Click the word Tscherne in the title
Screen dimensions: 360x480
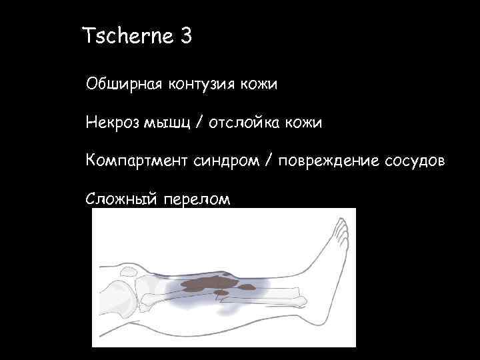coord(126,35)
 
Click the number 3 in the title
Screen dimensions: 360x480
coord(186,35)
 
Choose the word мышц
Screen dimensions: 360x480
coord(171,123)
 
